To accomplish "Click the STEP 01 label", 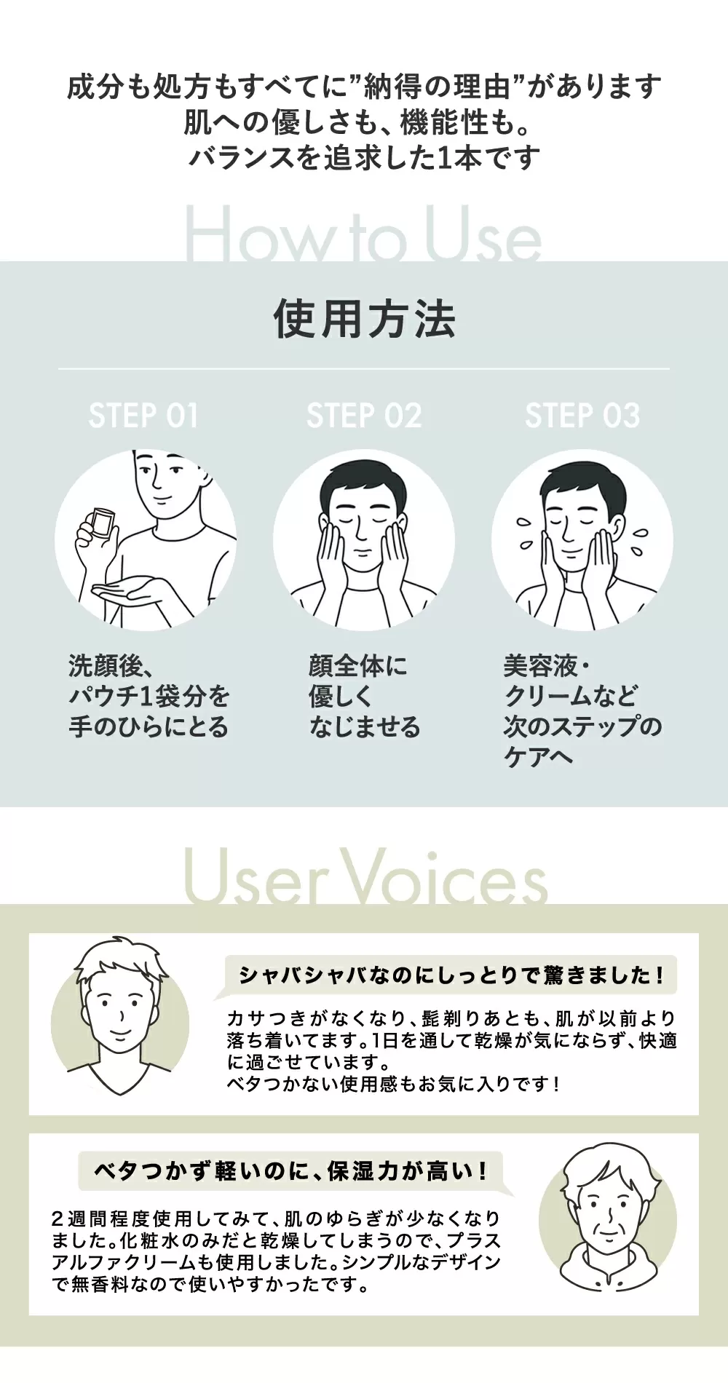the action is pyautogui.click(x=143, y=416).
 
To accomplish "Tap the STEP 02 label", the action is pyautogui.click(x=364, y=416).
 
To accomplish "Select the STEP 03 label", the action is pyautogui.click(x=582, y=416).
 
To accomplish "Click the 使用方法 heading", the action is pyautogui.click(x=364, y=319).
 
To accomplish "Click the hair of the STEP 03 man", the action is pyautogui.click(x=582, y=480).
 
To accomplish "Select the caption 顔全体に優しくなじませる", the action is pyautogui.click(x=364, y=697).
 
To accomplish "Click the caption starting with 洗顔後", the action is pyautogui.click(x=149, y=697).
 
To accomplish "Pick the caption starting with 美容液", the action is pyautogui.click(x=582, y=711).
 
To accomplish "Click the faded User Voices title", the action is pyautogui.click(x=365, y=876).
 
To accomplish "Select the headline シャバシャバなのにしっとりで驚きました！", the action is pyautogui.click(x=451, y=975).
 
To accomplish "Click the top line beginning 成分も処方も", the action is pyautogui.click(x=364, y=87).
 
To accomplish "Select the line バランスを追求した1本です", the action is pyautogui.click(x=364, y=157).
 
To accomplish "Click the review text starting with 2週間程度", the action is pyautogui.click(x=277, y=1251).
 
